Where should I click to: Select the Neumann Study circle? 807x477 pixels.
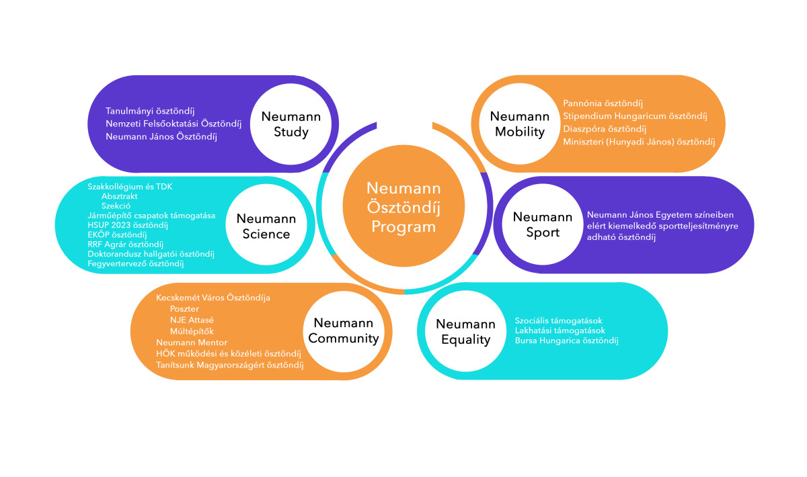click(x=291, y=124)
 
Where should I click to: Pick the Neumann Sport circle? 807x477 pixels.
click(x=542, y=225)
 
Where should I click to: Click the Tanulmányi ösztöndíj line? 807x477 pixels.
click(x=149, y=111)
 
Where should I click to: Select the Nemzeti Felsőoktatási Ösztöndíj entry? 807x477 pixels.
click(x=173, y=124)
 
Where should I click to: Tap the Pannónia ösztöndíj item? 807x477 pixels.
click(x=603, y=103)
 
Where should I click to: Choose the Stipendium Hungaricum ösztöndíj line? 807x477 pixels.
click(x=634, y=116)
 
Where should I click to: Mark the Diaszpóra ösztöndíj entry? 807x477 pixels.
click(x=604, y=129)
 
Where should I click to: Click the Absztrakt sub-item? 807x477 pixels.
click(x=120, y=196)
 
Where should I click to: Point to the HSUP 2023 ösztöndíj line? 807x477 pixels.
click(x=127, y=225)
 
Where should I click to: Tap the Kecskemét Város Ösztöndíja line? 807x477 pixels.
click(x=213, y=297)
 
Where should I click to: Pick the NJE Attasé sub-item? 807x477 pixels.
click(x=191, y=320)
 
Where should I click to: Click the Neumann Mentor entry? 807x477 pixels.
click(x=192, y=343)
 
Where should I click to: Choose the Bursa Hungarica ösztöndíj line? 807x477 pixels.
click(x=566, y=341)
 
